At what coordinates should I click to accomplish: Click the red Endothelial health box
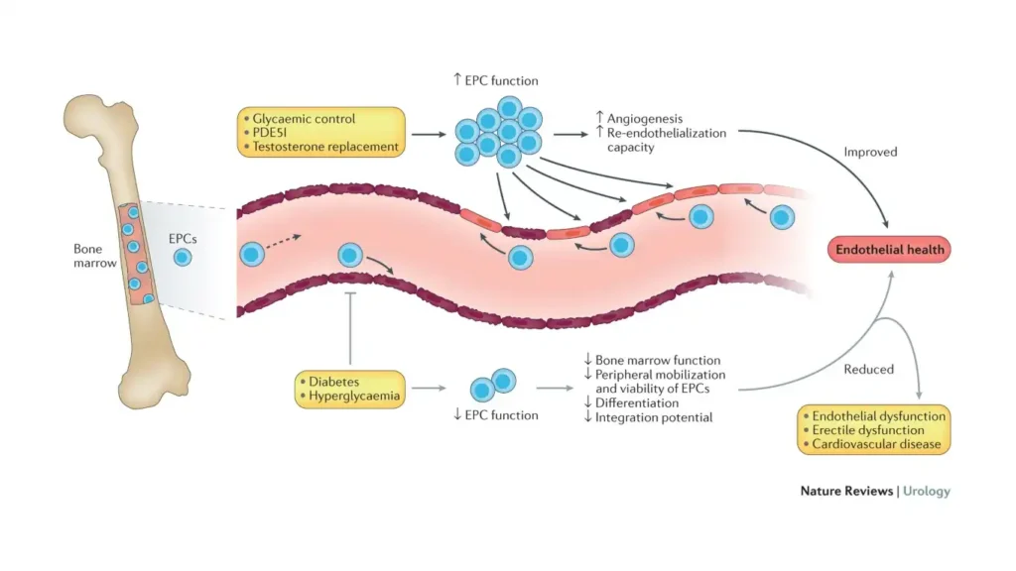[x=888, y=250]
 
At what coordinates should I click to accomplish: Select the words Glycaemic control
[x=304, y=118]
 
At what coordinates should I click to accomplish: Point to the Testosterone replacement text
[x=325, y=147]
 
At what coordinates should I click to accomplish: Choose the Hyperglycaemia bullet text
[x=353, y=395]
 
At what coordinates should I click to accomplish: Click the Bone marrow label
[x=95, y=256]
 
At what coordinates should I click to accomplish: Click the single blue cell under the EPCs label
[x=182, y=258]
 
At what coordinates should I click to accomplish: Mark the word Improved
[x=870, y=152]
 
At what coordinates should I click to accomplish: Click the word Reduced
[x=868, y=369]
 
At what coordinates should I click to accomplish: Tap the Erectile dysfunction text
[x=868, y=430]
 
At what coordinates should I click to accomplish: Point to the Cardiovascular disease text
[x=877, y=444]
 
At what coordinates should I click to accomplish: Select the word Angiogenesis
[x=646, y=119]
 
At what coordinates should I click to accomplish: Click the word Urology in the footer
[x=927, y=491]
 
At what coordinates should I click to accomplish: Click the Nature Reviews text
[x=846, y=491]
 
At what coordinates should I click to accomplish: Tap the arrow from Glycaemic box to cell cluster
[x=428, y=133]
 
